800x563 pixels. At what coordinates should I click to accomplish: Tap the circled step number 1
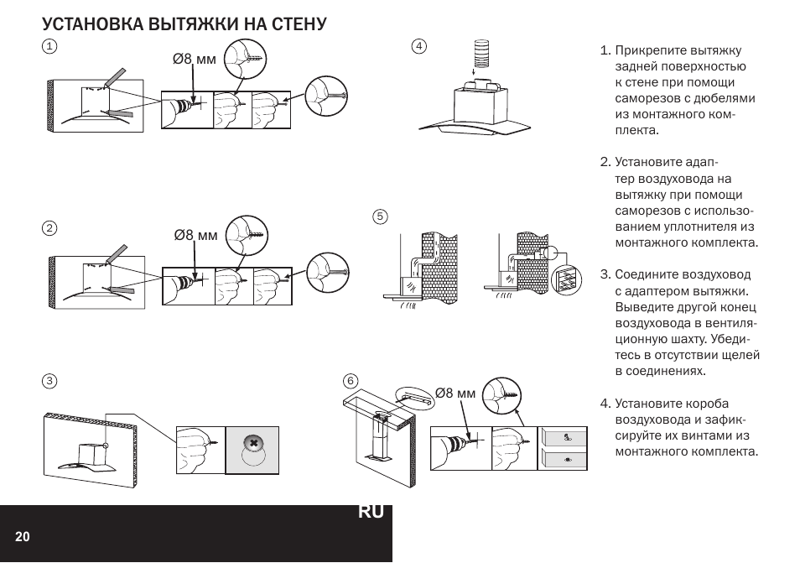pyautogui.click(x=50, y=46)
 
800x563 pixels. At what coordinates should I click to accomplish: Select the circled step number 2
pyautogui.click(x=50, y=228)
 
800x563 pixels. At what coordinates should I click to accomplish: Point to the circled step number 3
pyautogui.click(x=50, y=381)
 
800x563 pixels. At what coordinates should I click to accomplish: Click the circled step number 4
pyautogui.click(x=419, y=45)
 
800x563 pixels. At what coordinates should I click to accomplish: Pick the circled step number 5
pyautogui.click(x=380, y=216)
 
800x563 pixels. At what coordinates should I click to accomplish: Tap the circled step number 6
pyautogui.click(x=351, y=381)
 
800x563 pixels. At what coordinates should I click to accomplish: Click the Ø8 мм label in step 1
pyautogui.click(x=195, y=59)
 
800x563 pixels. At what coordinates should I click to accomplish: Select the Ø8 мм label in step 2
pyautogui.click(x=195, y=235)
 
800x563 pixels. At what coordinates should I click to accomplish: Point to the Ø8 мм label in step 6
pyautogui.click(x=455, y=393)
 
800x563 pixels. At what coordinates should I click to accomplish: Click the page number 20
pyautogui.click(x=22, y=537)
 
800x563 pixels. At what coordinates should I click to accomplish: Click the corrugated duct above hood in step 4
pyautogui.click(x=481, y=56)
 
